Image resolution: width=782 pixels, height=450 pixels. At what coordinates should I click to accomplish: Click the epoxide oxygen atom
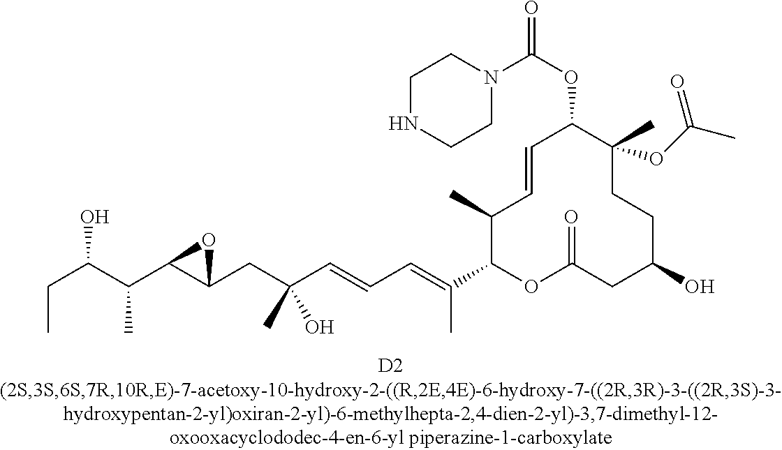207,241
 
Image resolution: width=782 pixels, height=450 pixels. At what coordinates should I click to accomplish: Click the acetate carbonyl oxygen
676,81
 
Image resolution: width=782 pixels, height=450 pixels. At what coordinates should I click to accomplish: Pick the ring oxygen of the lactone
531,286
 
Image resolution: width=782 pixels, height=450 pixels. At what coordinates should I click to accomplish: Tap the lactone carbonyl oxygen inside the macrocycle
572,218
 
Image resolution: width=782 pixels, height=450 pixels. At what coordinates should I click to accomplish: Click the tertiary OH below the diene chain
320,326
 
